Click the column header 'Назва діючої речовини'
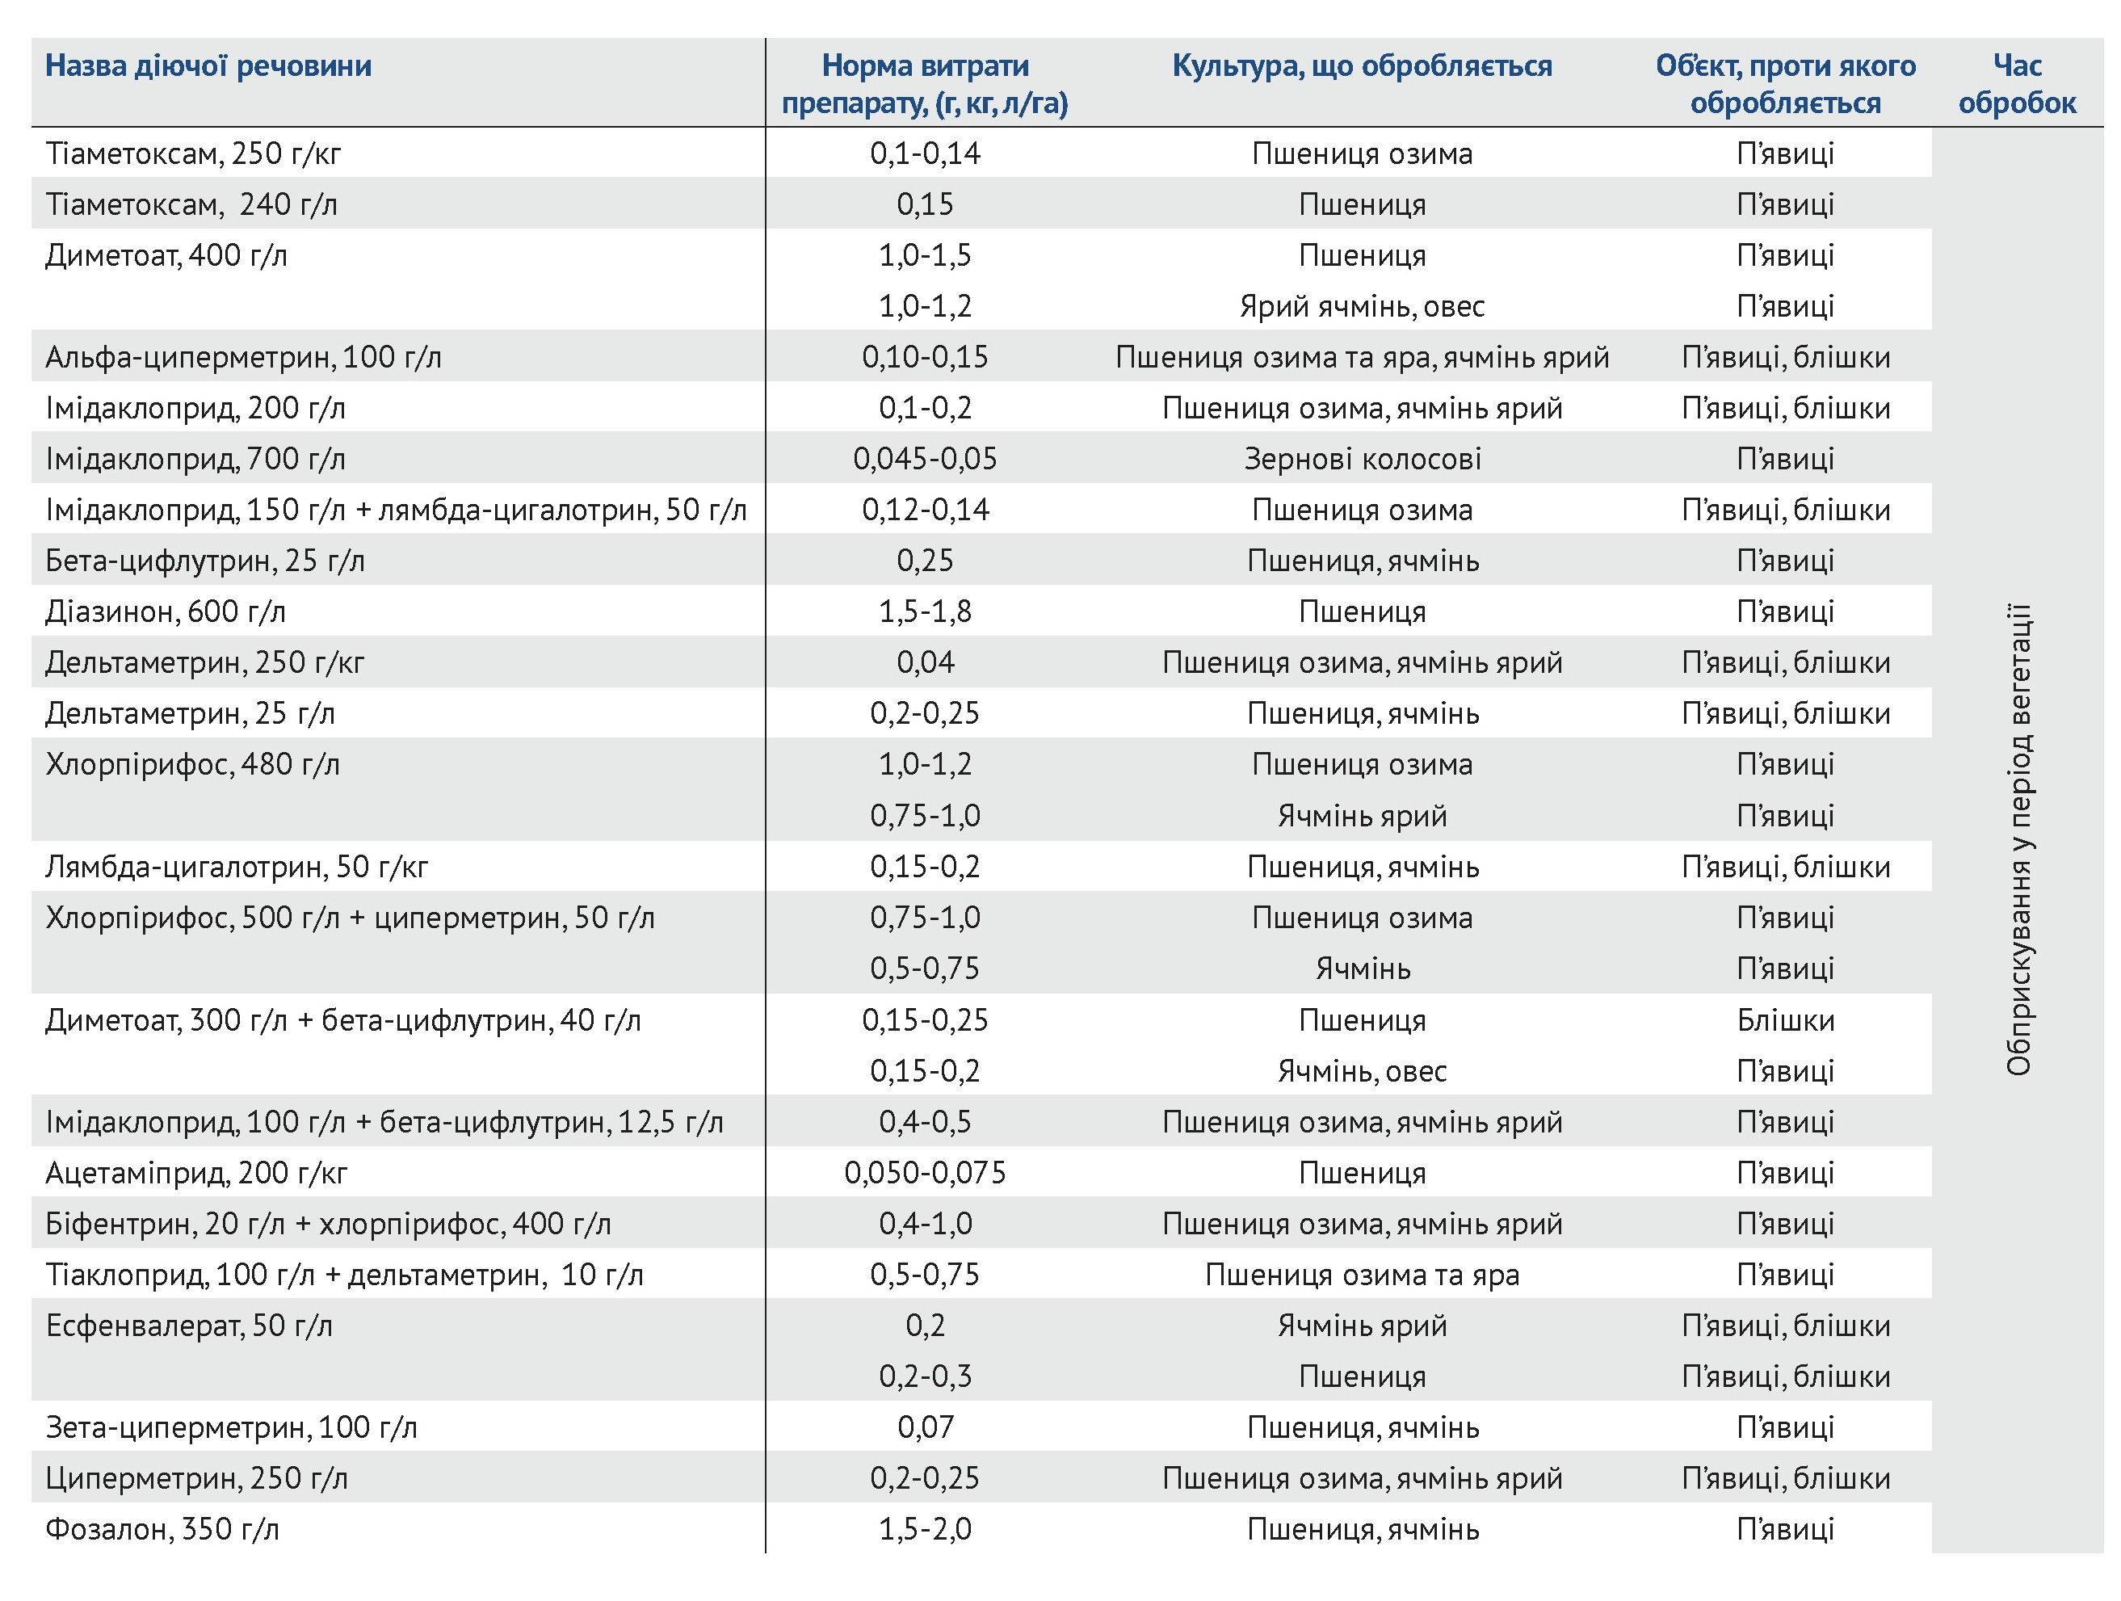tap(208, 66)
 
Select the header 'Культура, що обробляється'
tap(1362, 66)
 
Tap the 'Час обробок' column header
tap(2017, 84)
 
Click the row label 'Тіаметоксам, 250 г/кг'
tap(193, 153)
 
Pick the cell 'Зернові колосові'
tap(1362, 459)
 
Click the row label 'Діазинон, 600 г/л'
tap(165, 611)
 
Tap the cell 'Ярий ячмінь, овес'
tap(1362, 307)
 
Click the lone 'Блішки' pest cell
tap(1784, 1020)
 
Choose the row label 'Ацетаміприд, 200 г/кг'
tap(195, 1172)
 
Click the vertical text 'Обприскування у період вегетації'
tap(2018, 840)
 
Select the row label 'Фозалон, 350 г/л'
tap(162, 1529)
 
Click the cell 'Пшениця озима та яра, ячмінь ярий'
tap(1362, 358)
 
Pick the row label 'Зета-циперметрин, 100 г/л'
tap(231, 1427)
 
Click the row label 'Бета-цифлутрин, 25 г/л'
tap(204, 561)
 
